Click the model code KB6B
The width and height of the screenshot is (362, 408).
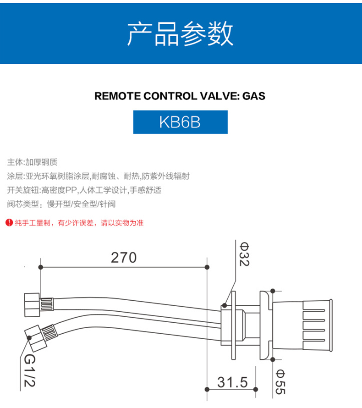click(x=180, y=123)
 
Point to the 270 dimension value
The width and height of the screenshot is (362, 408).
click(x=124, y=258)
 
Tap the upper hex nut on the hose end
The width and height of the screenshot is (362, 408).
click(x=32, y=304)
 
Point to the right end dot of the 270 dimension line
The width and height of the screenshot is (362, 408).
click(x=207, y=267)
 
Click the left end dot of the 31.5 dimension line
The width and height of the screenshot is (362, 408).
click(x=207, y=390)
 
